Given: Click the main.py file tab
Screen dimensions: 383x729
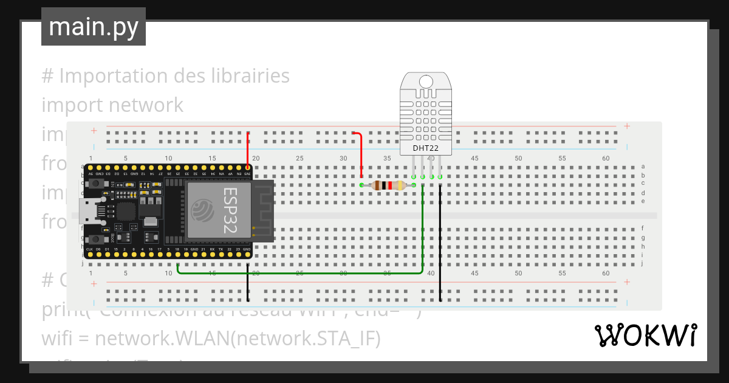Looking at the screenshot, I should (93, 27).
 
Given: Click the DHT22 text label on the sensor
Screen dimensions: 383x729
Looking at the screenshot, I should (425, 148).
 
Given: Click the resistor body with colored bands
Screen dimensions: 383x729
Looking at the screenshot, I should (389, 185).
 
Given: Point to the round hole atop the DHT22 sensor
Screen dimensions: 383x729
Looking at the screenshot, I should (425, 81).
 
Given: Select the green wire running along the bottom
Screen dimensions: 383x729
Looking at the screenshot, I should (304, 273).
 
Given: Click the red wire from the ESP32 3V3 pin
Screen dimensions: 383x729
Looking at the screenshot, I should (248, 149).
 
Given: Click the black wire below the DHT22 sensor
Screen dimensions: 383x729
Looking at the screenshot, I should (440, 243).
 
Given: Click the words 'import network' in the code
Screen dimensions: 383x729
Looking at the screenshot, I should (112, 105).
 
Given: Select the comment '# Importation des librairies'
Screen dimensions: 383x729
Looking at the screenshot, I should (165, 76).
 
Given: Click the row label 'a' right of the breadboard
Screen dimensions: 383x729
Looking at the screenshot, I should (643, 166).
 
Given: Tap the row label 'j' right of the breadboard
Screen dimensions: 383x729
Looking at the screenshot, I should (643, 263).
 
